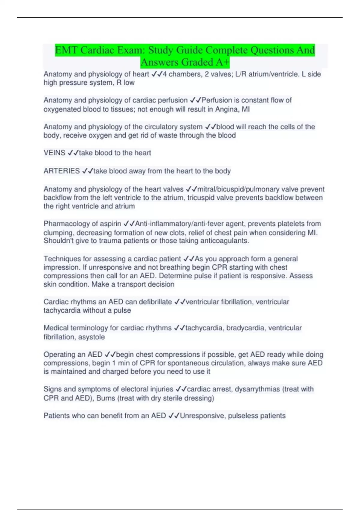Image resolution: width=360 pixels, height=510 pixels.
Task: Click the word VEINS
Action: click(54, 153)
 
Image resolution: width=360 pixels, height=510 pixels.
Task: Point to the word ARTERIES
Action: click(61, 171)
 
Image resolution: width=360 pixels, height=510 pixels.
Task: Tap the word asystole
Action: click(91, 337)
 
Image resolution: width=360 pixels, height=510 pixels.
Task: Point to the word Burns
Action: click(106, 398)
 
